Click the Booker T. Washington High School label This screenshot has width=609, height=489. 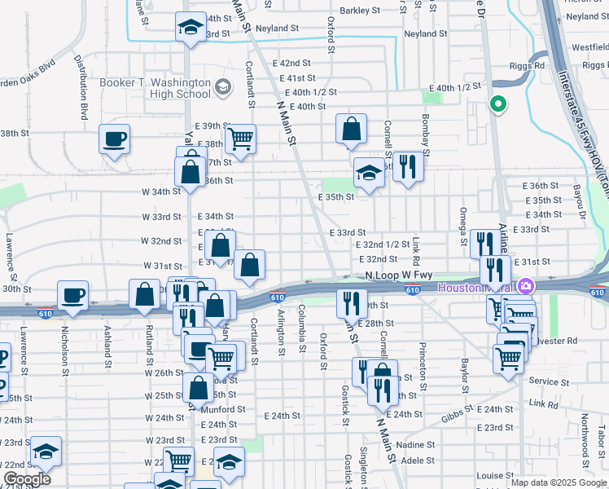[154, 88]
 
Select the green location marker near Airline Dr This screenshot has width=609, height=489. [497, 105]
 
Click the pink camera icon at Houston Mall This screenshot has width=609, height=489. [526, 287]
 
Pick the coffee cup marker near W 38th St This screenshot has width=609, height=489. [114, 139]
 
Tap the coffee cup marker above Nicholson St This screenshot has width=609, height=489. [72, 295]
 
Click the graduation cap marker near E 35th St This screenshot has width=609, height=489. [369, 174]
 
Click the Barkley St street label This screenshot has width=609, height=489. [360, 11]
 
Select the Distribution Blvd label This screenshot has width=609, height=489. [81, 87]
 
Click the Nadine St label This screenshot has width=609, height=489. [416, 445]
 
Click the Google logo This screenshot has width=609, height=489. [27, 479]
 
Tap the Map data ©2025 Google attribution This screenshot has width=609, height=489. [559, 482]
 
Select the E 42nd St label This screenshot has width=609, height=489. [291, 63]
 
